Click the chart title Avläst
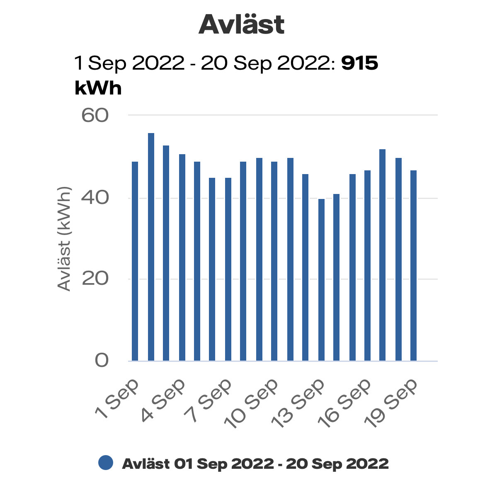point(242,25)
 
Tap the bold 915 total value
point(359,63)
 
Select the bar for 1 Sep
point(135,261)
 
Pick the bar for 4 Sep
point(182,257)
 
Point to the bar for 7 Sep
point(228,269)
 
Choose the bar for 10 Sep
point(274,261)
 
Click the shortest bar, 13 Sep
point(321,280)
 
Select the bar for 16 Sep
point(367,265)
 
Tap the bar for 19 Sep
point(398,259)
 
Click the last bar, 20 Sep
point(413,265)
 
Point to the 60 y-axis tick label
point(95,115)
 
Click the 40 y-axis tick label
point(95,197)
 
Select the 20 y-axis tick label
point(95,279)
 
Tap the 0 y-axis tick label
point(102,360)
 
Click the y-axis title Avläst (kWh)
point(64,239)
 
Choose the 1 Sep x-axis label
point(117,400)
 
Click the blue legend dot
point(106,463)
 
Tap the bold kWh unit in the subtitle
point(98,88)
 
